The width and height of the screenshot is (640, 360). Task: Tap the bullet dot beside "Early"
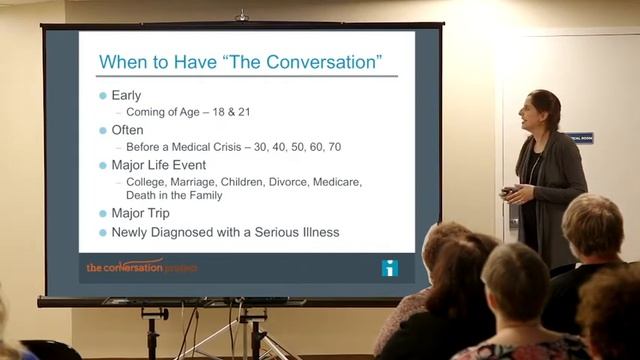click(x=102, y=95)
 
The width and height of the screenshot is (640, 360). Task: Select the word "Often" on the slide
click(x=127, y=130)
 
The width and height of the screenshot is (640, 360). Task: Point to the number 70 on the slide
click(x=334, y=147)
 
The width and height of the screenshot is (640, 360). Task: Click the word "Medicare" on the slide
click(x=337, y=182)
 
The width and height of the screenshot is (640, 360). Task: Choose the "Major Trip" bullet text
click(x=140, y=213)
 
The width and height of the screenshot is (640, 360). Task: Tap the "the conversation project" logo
click(x=141, y=267)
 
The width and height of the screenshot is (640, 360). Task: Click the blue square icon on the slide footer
click(x=389, y=268)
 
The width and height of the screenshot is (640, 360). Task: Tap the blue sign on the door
click(x=580, y=138)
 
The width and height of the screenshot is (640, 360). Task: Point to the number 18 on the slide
click(x=218, y=112)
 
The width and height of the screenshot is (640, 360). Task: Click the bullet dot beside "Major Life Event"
click(x=102, y=165)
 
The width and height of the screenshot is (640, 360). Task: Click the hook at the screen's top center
click(x=241, y=16)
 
